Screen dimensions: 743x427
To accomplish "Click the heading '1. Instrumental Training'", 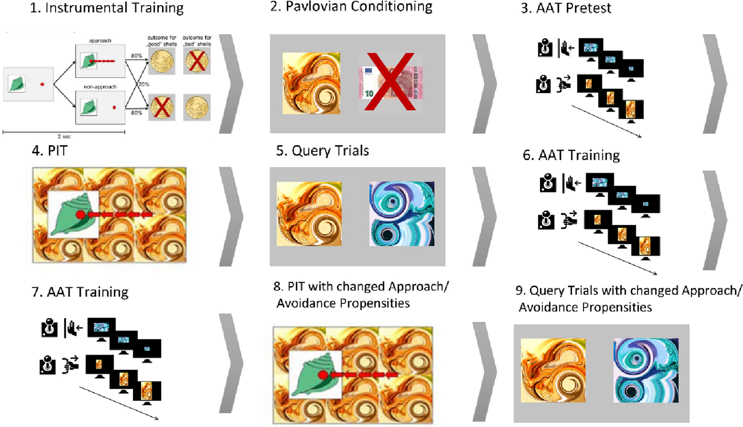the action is click(x=107, y=8).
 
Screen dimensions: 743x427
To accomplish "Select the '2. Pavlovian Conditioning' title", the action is click(x=351, y=7).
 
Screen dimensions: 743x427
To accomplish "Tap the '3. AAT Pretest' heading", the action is click(x=566, y=8).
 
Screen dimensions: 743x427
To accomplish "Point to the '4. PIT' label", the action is click(x=49, y=151).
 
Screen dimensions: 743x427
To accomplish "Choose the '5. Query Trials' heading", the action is click(x=323, y=151).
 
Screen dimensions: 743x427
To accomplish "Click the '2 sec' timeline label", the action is click(x=64, y=136).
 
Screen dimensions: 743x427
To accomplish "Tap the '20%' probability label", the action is click(x=144, y=84).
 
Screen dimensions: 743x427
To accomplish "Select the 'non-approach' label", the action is click(x=100, y=87).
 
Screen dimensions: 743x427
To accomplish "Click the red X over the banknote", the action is click(x=390, y=82).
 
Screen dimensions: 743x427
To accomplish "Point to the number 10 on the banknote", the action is click(x=369, y=93).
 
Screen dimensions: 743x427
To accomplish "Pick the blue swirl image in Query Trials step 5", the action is click(x=402, y=213).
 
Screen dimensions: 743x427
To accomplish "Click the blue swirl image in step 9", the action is click(x=646, y=370).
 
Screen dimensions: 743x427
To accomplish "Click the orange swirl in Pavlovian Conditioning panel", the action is click(x=311, y=83).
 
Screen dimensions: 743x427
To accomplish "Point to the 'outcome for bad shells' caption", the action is click(x=197, y=41).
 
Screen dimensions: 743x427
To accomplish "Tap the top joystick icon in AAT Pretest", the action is click(x=545, y=48).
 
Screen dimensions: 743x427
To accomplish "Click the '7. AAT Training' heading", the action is click(x=80, y=292).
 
